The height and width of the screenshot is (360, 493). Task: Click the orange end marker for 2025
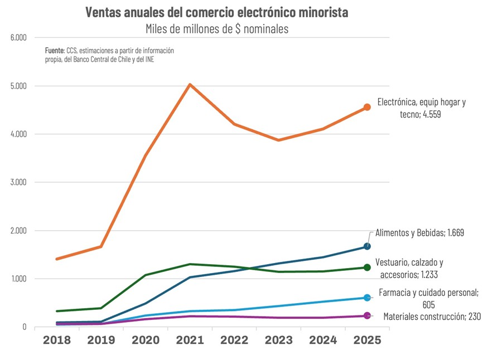point(367,107)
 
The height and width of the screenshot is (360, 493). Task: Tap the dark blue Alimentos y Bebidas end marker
point(367,246)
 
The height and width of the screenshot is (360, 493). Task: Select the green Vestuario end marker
point(367,267)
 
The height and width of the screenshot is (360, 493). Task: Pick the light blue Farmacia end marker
point(367,298)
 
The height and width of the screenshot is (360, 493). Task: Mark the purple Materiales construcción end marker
point(367,316)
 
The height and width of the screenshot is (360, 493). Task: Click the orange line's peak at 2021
point(190,85)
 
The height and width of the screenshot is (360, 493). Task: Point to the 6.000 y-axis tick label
point(18,38)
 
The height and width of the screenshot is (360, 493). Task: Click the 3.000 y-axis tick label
point(18,182)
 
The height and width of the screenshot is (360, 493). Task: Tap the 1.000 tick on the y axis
point(18,279)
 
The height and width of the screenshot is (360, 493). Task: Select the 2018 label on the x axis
point(57,340)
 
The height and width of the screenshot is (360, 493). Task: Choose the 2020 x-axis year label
point(146,340)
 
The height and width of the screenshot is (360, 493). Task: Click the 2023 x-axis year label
point(278,340)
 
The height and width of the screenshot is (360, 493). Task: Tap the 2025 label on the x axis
point(366,340)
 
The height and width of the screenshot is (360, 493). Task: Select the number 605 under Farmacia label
point(428,305)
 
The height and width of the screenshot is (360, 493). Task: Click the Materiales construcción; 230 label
point(432,316)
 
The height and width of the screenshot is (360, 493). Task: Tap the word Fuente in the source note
point(55,50)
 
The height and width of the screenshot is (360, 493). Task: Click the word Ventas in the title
point(103,12)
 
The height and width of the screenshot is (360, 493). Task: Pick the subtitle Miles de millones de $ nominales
point(217,29)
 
